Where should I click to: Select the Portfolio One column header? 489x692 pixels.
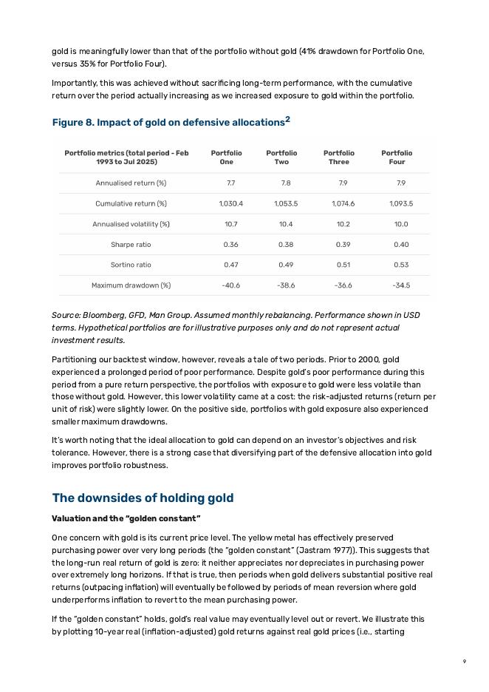[x=226, y=157]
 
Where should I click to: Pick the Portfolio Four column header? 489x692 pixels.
[x=397, y=157]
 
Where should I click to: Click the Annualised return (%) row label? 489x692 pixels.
[x=131, y=183]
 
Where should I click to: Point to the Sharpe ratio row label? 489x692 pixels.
[x=131, y=245]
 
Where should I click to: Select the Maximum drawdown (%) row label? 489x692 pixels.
[x=131, y=285]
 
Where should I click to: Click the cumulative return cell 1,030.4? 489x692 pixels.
[x=230, y=204]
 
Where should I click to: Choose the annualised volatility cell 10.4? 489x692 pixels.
[x=286, y=224]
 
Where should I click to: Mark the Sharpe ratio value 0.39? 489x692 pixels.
[x=343, y=245]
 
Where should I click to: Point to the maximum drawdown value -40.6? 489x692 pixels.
[x=230, y=285]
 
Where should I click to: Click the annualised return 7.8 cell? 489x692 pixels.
[x=286, y=183]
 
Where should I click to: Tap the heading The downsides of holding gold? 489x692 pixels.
[x=143, y=498]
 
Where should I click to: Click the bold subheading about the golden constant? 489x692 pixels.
[x=126, y=518]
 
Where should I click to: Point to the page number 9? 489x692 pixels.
[x=465, y=662]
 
